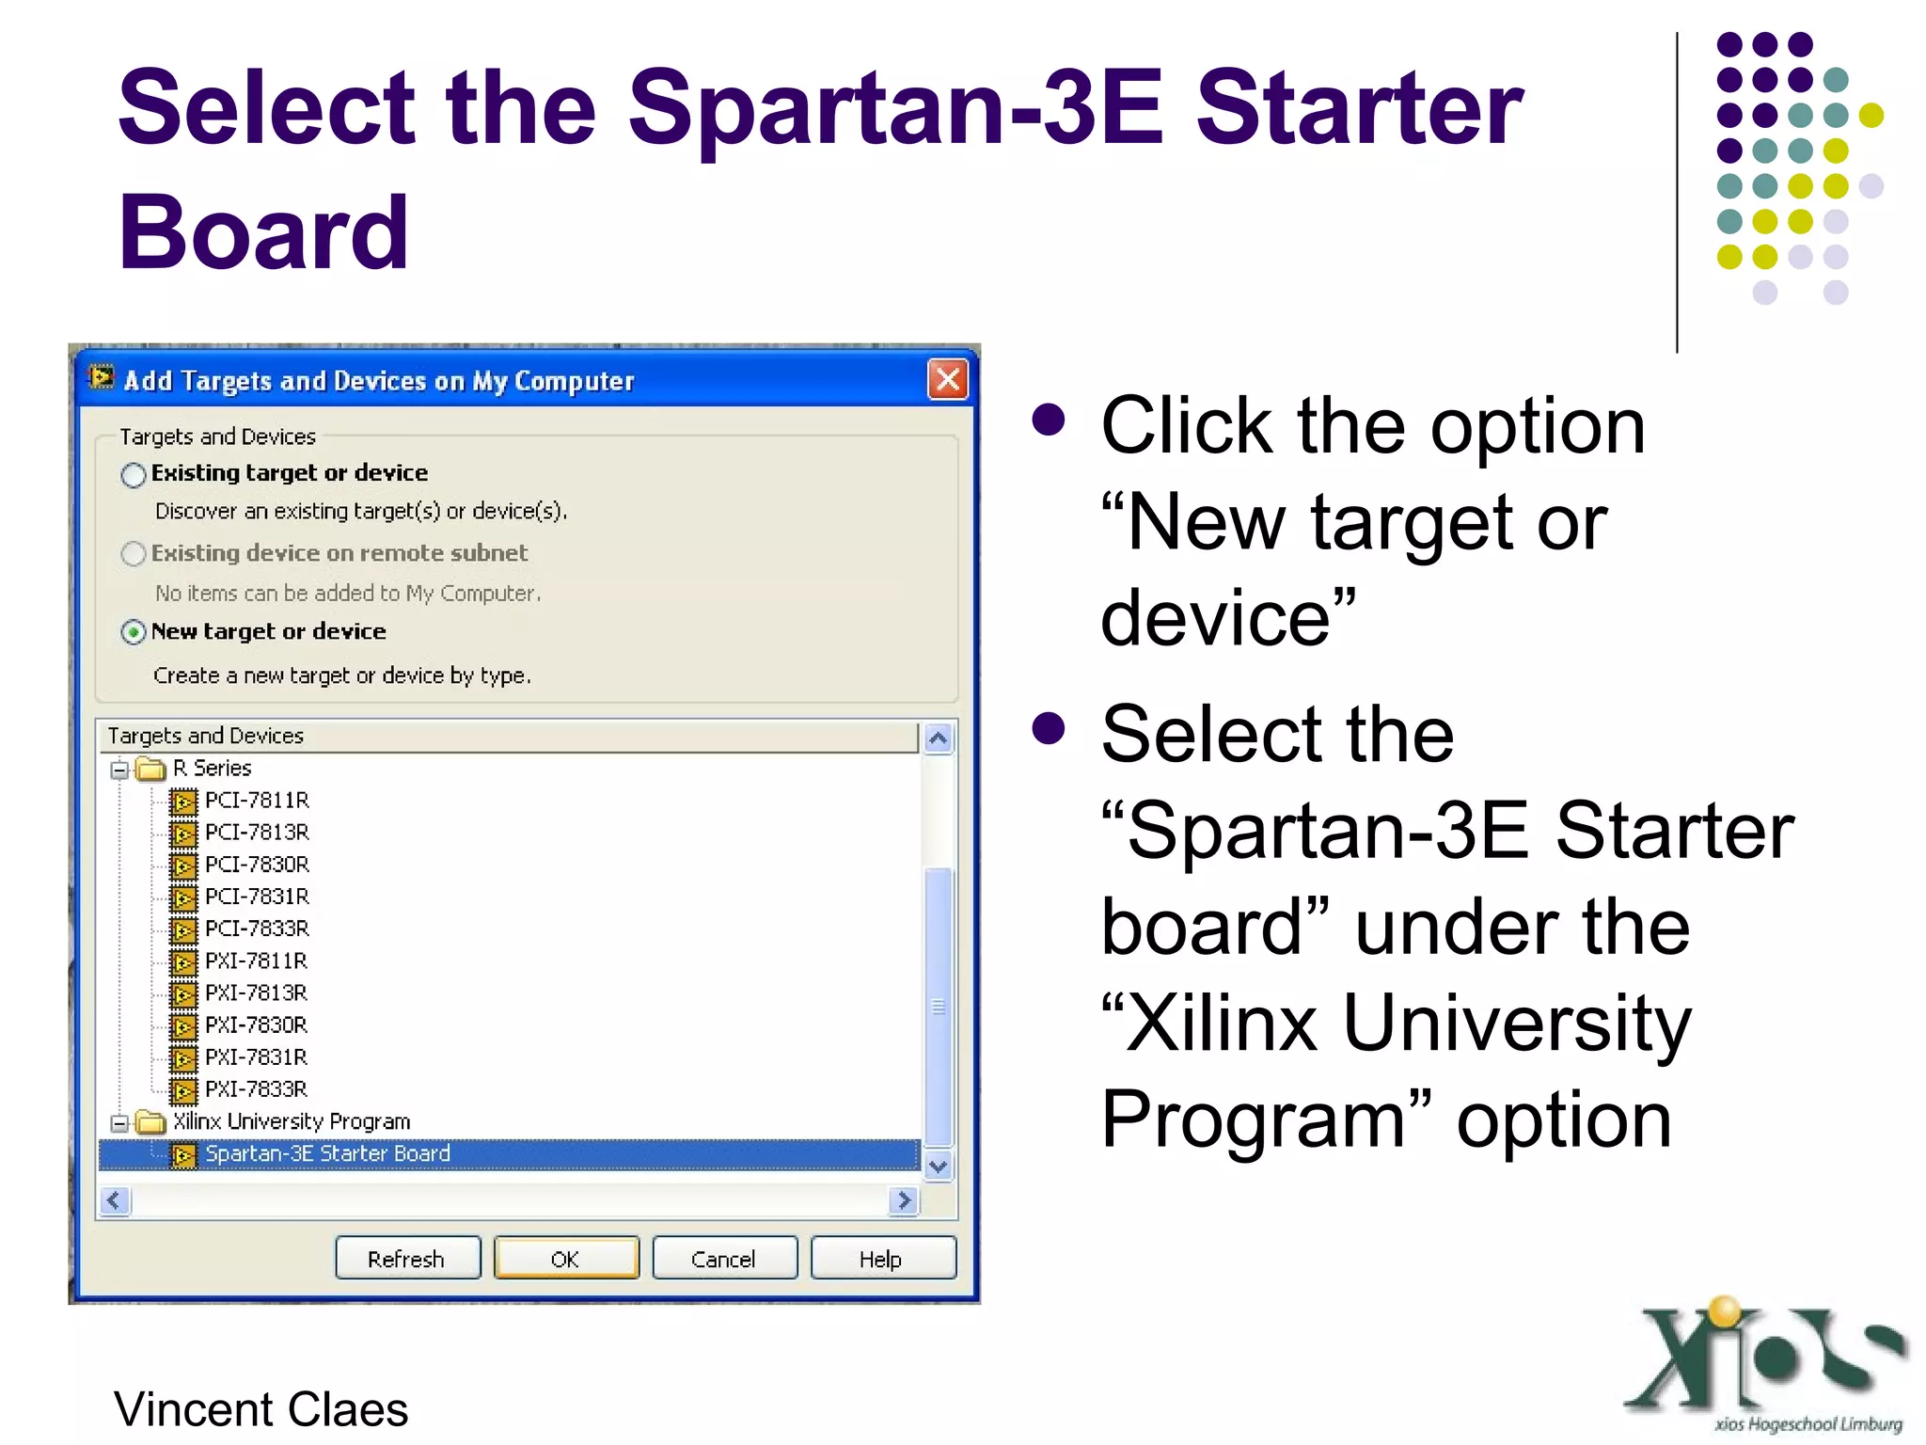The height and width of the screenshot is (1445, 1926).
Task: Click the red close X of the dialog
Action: pos(948,380)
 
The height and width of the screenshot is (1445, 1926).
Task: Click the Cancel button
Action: pos(723,1259)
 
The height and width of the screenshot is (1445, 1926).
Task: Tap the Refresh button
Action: pos(407,1259)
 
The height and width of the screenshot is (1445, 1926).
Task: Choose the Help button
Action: pos(881,1259)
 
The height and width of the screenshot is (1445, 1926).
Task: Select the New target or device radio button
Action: pos(134,632)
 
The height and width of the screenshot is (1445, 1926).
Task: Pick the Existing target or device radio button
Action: pos(134,474)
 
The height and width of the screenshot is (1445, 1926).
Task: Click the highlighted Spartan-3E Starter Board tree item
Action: pos(327,1154)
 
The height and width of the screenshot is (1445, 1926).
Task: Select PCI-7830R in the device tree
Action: pos(257,865)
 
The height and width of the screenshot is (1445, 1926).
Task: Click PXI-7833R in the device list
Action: pos(256,1089)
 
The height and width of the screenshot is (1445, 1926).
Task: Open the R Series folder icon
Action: pos(150,770)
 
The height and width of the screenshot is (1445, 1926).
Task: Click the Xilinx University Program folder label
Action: pos(292,1121)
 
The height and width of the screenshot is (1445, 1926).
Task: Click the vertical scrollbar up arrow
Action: pos(938,739)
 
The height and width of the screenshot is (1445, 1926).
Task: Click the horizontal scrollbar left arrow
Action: pos(115,1200)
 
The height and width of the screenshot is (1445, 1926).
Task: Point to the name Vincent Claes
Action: pos(260,1409)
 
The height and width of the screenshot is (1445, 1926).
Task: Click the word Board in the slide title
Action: pos(263,231)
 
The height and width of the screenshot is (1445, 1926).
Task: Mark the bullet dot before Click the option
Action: pos(1048,420)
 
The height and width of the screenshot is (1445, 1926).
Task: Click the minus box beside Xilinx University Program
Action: pos(119,1123)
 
